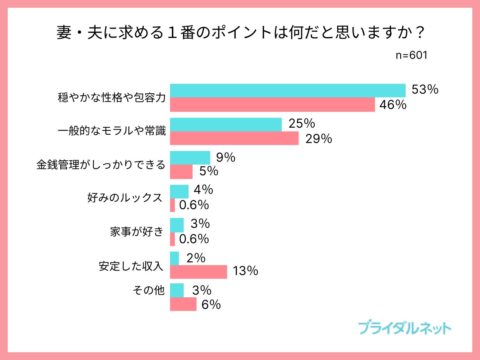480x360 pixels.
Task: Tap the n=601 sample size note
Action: [x=411, y=55]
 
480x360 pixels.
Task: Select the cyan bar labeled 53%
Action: [x=288, y=91]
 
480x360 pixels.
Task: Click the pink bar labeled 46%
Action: [x=273, y=105]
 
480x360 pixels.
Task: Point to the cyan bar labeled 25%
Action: [x=226, y=124]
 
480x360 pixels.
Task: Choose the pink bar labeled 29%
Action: [x=234, y=138]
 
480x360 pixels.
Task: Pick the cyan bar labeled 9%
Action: [x=190, y=158]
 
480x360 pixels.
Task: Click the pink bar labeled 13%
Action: [x=199, y=272]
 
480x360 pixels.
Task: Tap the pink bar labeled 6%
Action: [x=183, y=304]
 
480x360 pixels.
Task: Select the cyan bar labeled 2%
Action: [x=175, y=258]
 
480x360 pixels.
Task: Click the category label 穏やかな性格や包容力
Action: [x=111, y=98]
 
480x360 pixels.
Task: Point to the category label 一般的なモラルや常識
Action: [x=111, y=131]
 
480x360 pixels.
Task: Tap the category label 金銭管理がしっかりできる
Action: [x=101, y=165]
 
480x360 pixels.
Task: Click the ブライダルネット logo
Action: [x=405, y=328]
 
